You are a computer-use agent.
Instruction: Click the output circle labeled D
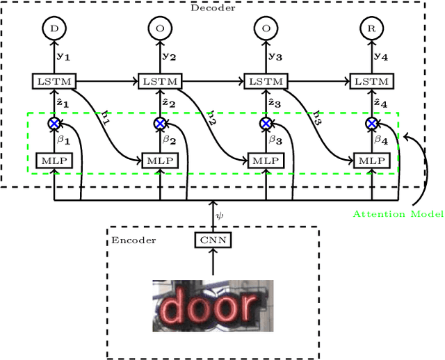pos(54,28)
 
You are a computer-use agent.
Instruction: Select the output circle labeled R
pos(372,28)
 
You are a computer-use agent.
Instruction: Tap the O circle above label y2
pos(160,28)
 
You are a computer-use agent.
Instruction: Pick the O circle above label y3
pos(266,28)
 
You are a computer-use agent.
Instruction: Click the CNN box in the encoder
pos(212,240)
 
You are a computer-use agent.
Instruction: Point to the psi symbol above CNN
pos(220,215)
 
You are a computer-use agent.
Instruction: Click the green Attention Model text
pos(398,214)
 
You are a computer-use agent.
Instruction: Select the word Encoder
pos(133,240)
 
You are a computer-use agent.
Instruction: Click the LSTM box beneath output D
pos(54,81)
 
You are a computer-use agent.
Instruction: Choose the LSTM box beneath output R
pos(372,81)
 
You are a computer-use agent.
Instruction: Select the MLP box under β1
pos(54,160)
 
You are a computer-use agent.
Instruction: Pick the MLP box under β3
pos(266,160)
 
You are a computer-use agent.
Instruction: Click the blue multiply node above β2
pos(160,124)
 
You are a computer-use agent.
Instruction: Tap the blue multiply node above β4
pos(372,124)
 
